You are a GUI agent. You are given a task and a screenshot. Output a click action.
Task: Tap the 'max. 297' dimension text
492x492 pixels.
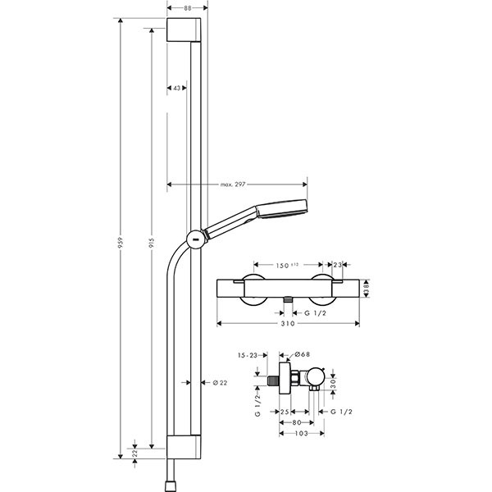point(233,184)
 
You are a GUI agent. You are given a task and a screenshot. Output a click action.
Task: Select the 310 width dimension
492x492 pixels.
point(287,325)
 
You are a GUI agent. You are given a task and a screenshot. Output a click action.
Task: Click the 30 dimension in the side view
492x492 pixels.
point(334,384)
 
